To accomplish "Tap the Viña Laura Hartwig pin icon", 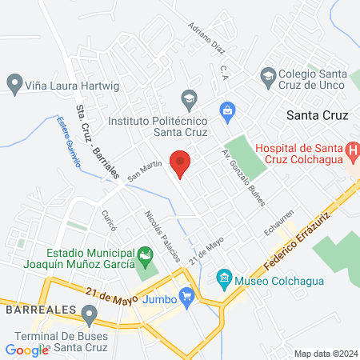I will (14, 82).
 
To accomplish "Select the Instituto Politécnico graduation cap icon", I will (189, 99).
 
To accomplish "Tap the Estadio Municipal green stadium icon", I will (145, 258).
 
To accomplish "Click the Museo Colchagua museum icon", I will (224, 280).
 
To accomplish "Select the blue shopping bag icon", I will (227, 108).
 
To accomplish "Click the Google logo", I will (26, 350).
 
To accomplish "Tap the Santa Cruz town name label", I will (318, 114).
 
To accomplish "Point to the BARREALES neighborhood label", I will (40, 309).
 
